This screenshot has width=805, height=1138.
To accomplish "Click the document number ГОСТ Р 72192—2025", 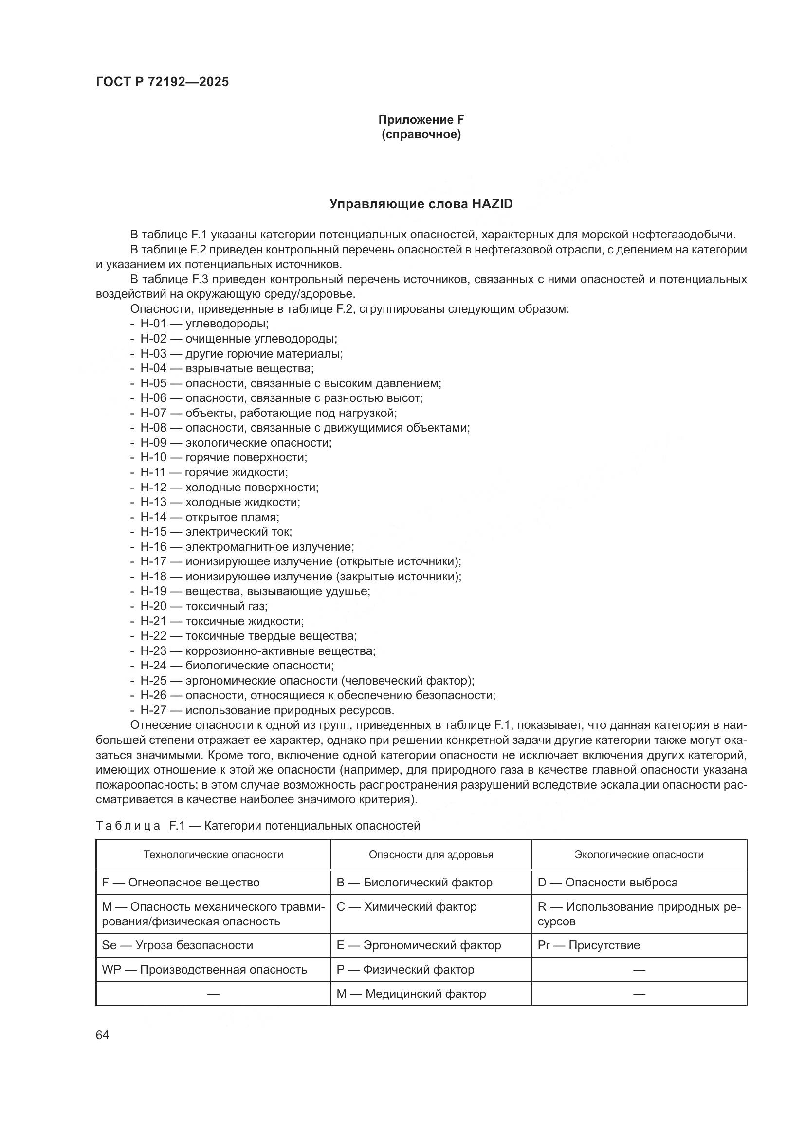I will click(162, 82).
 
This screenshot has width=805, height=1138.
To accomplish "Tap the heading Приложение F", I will click(421, 120).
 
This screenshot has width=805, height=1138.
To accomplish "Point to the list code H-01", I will click(153, 324).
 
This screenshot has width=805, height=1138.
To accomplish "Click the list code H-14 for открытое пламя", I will click(153, 518).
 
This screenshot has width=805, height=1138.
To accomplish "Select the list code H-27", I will click(153, 710).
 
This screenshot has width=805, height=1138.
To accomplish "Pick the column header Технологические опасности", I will click(213, 854).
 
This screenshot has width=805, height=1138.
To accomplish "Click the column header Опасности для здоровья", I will click(431, 854).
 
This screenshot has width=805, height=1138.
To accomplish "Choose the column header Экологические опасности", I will click(639, 854).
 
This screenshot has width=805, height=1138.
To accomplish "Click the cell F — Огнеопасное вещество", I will click(181, 882).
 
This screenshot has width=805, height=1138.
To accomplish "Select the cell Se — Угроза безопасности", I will click(178, 945).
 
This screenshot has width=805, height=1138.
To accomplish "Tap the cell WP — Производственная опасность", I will click(204, 969).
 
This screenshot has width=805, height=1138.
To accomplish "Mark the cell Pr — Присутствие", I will click(588, 945).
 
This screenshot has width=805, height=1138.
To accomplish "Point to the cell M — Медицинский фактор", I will click(411, 993).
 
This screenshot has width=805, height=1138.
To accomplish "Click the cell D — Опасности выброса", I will click(607, 882).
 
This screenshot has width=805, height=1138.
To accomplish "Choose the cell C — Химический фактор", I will click(406, 906).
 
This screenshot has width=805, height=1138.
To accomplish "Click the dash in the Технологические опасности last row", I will click(213, 993).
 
